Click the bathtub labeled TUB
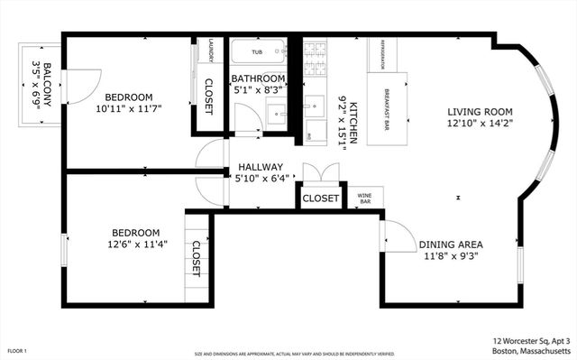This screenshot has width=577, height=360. pyautogui.click(x=258, y=51)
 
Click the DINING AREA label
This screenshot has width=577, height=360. pyautogui.click(x=451, y=245)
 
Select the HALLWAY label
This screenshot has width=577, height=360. pyautogui.click(x=261, y=167)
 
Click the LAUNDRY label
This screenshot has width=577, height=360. pyautogui.click(x=211, y=51)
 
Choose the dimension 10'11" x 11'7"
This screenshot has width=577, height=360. pyautogui.click(x=128, y=109)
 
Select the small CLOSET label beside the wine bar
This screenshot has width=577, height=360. pyautogui.click(x=320, y=198)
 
